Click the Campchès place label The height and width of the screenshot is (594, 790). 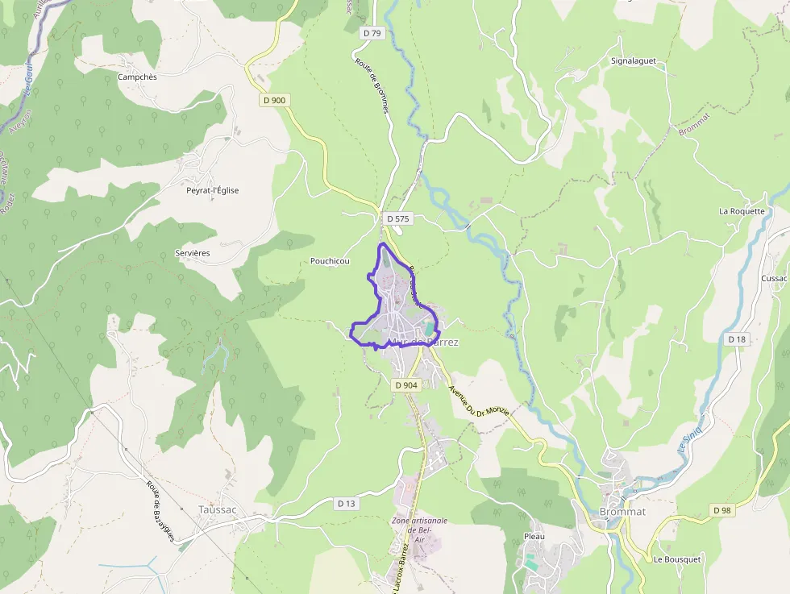pos(137,77)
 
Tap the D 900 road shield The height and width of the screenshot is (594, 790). pos(274,100)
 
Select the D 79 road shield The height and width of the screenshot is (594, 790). pos(372,33)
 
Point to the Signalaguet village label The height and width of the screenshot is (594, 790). pos(633,60)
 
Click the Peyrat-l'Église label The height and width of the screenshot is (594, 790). pos(212,190)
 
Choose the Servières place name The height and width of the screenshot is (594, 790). pos(192,253)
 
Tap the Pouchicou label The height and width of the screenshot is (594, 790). pos(330,261)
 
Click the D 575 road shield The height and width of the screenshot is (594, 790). pos(397,218)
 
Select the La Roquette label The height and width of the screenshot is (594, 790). pos(742,211)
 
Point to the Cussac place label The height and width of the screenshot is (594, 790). pos(773,278)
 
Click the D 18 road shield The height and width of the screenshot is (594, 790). pos(737,339)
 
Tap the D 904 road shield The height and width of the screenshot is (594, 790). pos(407,385)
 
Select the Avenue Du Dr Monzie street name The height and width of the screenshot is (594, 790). pos(479,401)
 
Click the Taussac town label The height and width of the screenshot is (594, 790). pos(217,509)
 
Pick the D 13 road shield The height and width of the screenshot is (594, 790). pos(346,503)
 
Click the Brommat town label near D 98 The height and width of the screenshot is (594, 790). pos(622,512)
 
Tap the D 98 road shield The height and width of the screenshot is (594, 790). pos(721,510)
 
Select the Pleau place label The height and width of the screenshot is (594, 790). pos(534,536)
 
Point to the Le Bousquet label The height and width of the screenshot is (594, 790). pos(676,559)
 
